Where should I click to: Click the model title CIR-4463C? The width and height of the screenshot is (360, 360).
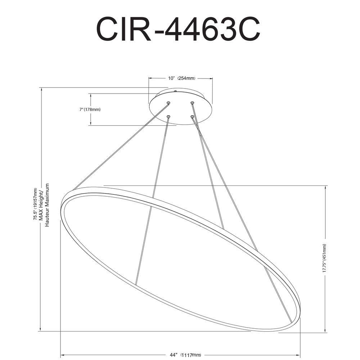click(x=178, y=29)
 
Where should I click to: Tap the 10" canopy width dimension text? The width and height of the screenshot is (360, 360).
click(x=171, y=78)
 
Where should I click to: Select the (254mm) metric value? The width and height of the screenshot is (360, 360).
click(x=186, y=78)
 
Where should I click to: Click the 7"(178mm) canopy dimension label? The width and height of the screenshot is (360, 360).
click(x=90, y=109)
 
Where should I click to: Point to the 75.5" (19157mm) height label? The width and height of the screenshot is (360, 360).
click(x=35, y=204)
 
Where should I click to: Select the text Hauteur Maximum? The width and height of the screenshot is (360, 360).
click(x=47, y=205)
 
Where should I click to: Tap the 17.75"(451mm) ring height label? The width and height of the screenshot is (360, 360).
click(x=324, y=258)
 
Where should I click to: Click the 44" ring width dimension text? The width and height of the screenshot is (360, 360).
click(x=174, y=355)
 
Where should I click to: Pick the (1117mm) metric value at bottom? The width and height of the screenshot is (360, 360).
click(x=191, y=355)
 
